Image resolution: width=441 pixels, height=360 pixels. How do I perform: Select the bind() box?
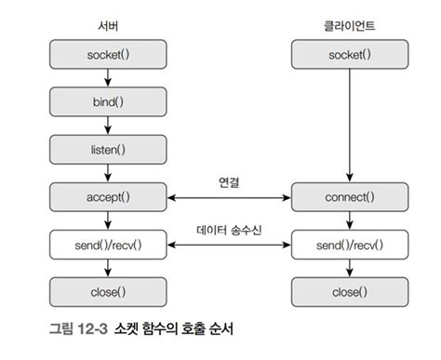[110, 101]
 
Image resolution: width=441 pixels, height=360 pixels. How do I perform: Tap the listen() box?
[110, 148]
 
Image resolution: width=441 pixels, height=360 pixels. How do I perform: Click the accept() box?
[110, 197]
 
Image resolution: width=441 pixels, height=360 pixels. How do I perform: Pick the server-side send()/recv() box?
[110, 246]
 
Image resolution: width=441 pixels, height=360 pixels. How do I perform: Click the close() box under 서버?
[110, 292]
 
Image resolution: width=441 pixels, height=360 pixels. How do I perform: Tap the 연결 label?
[229, 182]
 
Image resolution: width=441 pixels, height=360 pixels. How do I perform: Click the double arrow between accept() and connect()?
[229, 197]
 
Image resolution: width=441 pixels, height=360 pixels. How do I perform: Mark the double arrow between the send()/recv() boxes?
[229, 246]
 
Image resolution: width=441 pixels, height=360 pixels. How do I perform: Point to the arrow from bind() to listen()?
[110, 125]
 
